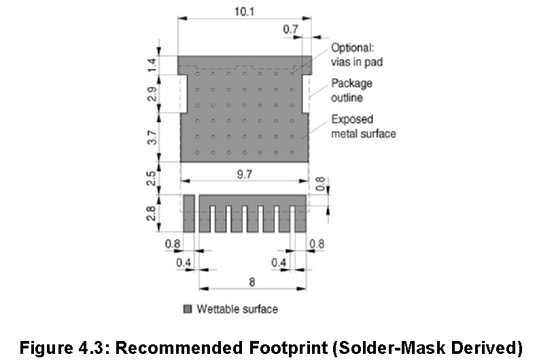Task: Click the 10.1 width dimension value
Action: point(244,12)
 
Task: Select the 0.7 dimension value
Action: point(290,29)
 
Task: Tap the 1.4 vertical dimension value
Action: point(152,65)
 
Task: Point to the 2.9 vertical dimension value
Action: point(152,94)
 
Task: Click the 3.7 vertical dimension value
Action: point(152,137)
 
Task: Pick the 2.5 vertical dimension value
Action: point(151,178)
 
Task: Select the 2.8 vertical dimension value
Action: point(151,213)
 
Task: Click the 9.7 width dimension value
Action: point(245,174)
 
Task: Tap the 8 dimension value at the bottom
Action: point(252,282)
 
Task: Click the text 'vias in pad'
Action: point(357,62)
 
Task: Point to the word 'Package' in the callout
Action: point(351,84)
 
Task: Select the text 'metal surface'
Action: point(364,133)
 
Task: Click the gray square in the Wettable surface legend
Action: point(188,309)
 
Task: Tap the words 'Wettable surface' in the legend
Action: point(237,309)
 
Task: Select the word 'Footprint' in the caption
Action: point(288,348)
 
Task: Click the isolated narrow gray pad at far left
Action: point(189,213)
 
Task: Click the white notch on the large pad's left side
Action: point(184,94)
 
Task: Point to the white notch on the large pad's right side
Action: point(305,94)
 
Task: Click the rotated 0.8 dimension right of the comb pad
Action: point(320,184)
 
